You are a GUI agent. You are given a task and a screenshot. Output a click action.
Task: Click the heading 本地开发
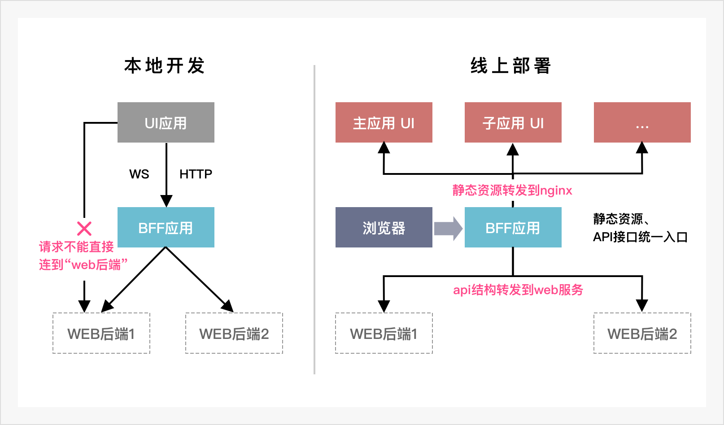(165, 66)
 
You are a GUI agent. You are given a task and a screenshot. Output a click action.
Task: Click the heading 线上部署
(511, 66)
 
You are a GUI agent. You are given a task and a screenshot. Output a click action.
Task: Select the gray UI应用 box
(166, 122)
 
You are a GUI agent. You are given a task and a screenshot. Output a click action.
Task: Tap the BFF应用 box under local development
(166, 227)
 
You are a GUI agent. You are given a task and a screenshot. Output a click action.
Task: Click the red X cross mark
(84, 229)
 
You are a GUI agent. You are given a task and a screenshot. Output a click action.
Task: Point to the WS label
(139, 174)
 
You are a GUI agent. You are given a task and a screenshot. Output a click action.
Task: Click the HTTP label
(196, 174)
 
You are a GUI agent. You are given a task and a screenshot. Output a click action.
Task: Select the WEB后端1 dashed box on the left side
(101, 333)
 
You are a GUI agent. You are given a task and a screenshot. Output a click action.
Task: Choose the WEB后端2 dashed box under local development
(234, 333)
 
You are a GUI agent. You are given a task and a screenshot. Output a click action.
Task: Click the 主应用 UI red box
(384, 122)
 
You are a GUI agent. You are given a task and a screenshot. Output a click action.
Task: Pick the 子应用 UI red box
(513, 122)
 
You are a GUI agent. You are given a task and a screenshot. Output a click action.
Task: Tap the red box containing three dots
(642, 122)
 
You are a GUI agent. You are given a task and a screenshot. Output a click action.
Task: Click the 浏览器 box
(384, 227)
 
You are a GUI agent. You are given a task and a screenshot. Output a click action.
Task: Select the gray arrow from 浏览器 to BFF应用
(448, 228)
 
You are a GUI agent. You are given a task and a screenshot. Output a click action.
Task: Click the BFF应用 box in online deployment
(513, 227)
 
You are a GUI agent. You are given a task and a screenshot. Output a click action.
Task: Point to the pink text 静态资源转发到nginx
(512, 191)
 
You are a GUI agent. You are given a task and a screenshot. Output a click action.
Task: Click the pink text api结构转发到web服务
(518, 290)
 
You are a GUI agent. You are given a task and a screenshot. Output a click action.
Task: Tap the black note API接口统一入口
(640, 237)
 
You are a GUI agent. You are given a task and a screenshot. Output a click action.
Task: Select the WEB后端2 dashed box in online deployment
(642, 333)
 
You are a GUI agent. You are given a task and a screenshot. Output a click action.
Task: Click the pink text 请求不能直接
(76, 247)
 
